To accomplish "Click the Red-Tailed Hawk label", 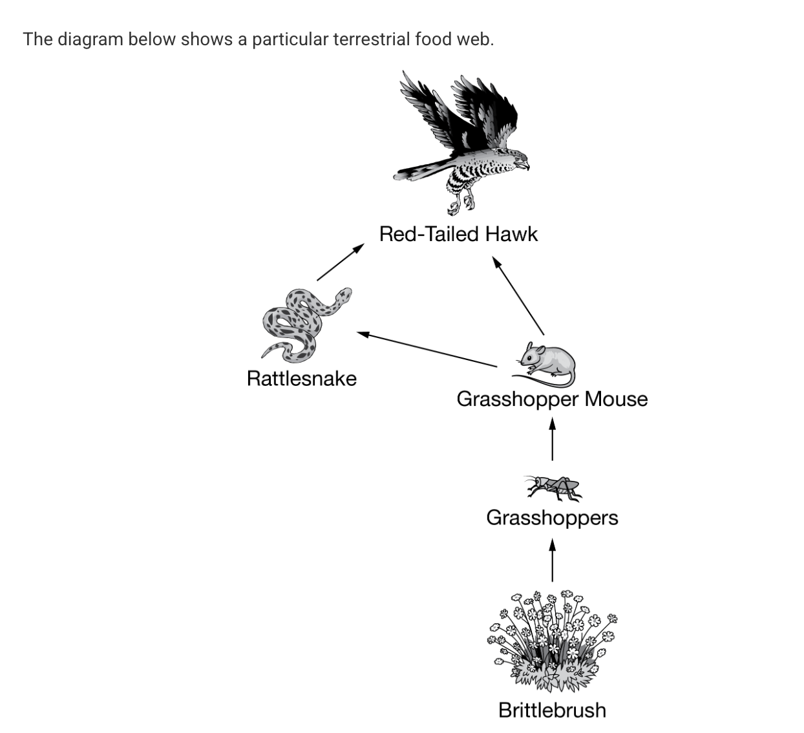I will [x=458, y=233].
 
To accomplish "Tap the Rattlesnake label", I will [x=301, y=378].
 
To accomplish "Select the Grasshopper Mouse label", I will [x=552, y=399].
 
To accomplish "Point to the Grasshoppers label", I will [x=552, y=518].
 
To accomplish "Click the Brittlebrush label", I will [x=552, y=710].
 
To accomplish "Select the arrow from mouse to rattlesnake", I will [x=427, y=350].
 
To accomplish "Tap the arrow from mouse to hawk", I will [x=518, y=295].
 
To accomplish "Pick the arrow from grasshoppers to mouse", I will [x=552, y=440].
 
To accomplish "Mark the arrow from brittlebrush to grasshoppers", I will [x=552, y=561].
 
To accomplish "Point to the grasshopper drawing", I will [x=553, y=487].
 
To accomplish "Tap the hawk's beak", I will [x=525, y=165].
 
